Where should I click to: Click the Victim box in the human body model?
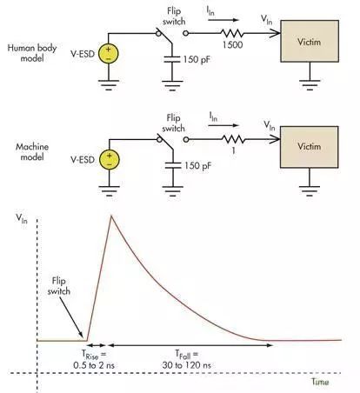point(310,41)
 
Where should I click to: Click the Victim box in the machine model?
point(310,147)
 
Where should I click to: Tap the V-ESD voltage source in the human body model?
point(109,53)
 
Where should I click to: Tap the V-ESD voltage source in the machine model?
point(110,159)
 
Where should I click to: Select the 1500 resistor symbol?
point(232,33)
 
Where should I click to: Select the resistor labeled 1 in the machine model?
point(234,139)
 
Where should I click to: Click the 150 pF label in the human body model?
point(197,60)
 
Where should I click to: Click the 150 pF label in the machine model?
point(197,166)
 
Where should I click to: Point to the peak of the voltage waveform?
point(111,216)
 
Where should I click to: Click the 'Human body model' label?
point(32,53)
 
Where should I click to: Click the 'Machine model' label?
point(32,151)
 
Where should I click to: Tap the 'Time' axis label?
point(320,382)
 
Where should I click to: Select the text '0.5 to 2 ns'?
point(94,365)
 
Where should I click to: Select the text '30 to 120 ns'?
point(186,365)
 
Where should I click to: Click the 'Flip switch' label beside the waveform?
point(59,286)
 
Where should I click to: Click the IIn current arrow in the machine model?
point(223,125)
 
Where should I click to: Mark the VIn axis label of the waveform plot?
point(22,218)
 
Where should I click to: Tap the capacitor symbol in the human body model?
point(172,59)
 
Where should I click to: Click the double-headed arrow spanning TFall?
point(190,345)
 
